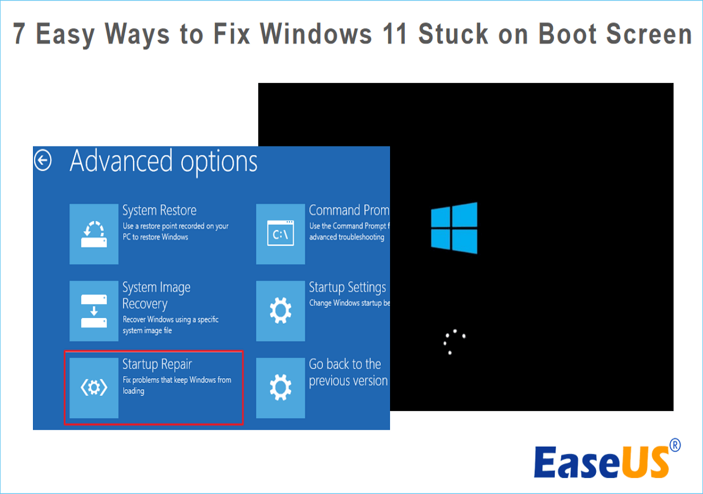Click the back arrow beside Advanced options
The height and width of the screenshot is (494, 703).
point(43,160)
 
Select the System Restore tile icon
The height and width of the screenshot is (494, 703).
point(94,234)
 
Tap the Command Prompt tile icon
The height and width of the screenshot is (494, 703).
point(280,234)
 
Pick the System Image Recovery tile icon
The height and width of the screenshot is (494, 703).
point(94,311)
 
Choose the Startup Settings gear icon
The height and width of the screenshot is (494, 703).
point(280,311)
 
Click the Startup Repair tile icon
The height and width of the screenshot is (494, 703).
point(94,388)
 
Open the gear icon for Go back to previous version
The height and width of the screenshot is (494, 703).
point(280,388)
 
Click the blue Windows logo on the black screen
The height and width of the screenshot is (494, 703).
point(454,228)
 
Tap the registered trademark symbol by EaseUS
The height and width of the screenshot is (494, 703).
point(676,445)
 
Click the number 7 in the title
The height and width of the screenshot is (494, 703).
point(20,34)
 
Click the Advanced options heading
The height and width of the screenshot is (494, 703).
point(163,161)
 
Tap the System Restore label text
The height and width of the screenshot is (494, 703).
point(159,210)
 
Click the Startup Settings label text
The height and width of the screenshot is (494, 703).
point(347,287)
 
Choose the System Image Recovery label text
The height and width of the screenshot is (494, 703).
point(156,295)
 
